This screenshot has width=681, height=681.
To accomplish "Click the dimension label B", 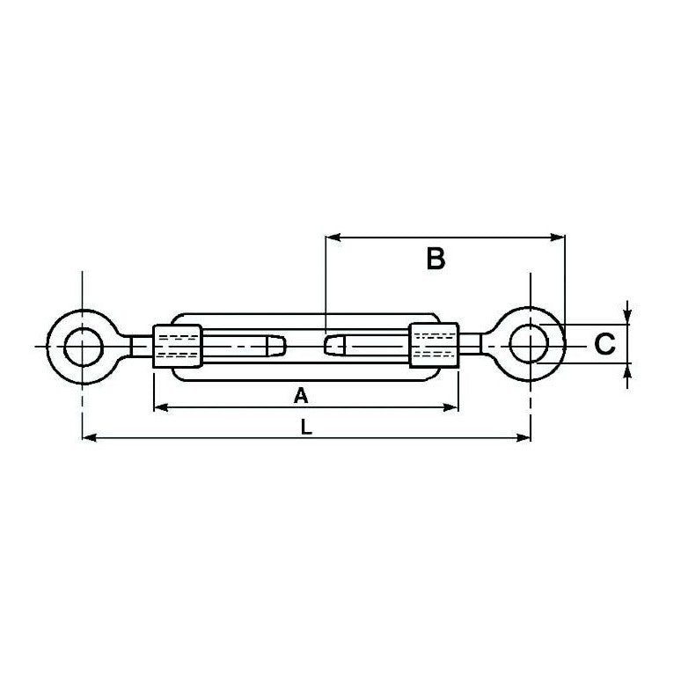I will pos(436,260).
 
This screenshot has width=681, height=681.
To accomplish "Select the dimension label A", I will pos(301,397).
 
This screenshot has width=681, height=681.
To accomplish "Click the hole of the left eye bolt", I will pos(82,346).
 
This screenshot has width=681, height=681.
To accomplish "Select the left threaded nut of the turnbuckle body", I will pos(178,346).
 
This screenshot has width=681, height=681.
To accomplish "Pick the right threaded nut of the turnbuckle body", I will pos(434,346).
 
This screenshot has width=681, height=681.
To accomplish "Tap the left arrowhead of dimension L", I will pos(87,436).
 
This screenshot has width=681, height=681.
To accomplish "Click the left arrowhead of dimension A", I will pos(159,407).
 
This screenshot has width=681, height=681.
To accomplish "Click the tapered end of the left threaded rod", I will pos(278,346).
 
